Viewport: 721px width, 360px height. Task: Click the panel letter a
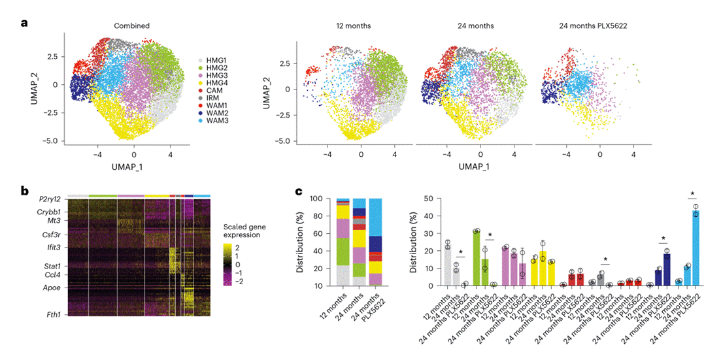tap(24, 23)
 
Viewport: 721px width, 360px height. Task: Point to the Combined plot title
tap(131, 26)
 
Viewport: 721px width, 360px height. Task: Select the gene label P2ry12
tap(50, 199)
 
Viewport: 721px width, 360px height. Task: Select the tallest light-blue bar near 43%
tap(696, 248)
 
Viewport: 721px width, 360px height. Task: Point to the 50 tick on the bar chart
tap(430, 198)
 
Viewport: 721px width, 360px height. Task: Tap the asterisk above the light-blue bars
tap(692, 194)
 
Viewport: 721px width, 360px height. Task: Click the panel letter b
tap(24, 191)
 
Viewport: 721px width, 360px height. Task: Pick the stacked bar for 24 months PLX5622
tap(375, 242)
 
